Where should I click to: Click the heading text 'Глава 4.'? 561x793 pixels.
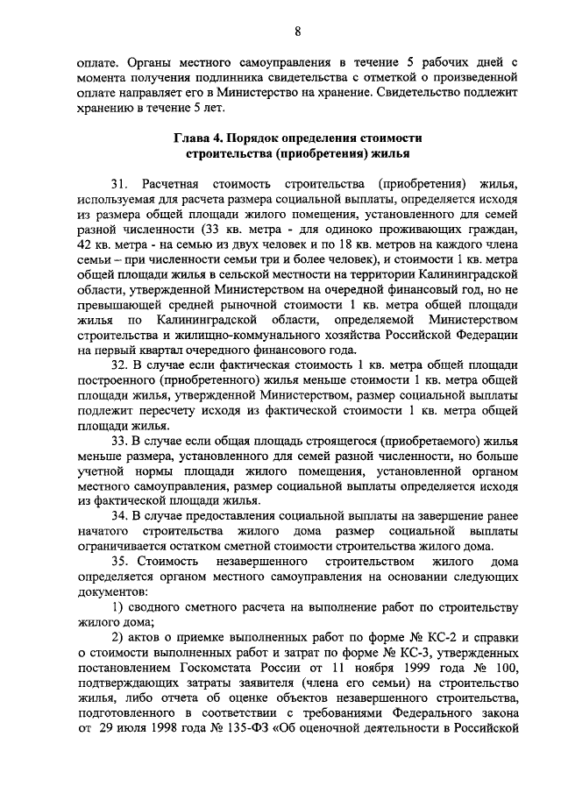[x=202, y=139]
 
